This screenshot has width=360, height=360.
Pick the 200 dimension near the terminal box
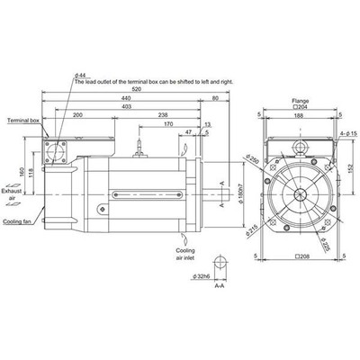tap(78, 115)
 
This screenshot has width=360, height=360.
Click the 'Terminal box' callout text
tap(23, 120)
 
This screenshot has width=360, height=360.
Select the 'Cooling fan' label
tap(17, 220)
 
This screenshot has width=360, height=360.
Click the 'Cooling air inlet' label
tap(190, 251)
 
